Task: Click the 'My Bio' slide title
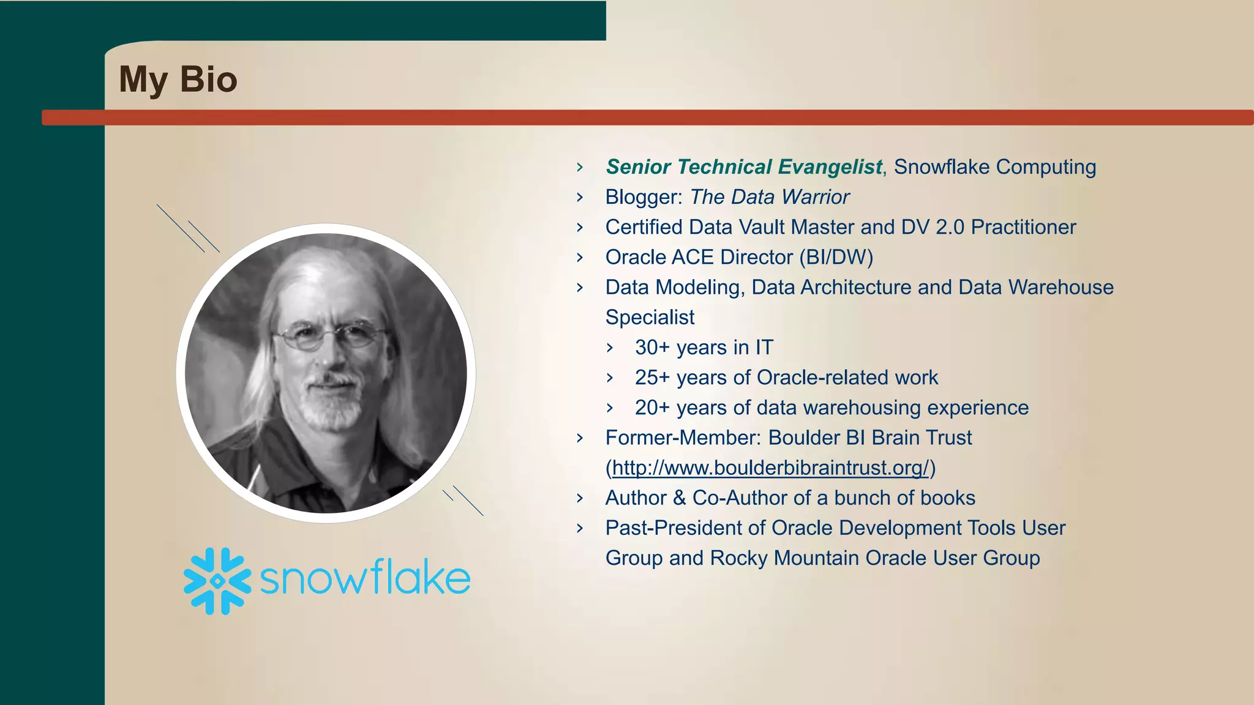(178, 80)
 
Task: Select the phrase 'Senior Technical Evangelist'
(744, 167)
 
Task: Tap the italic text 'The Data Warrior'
(770, 197)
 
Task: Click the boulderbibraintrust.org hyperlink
(771, 468)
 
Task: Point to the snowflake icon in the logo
(217, 581)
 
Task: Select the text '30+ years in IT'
(704, 348)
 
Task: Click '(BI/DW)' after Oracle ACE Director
(836, 257)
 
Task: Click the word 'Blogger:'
(644, 197)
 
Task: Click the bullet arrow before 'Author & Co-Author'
(580, 498)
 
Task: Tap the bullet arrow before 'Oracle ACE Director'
(580, 258)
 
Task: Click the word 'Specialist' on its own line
(650, 318)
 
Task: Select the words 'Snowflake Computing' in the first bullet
(995, 167)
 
